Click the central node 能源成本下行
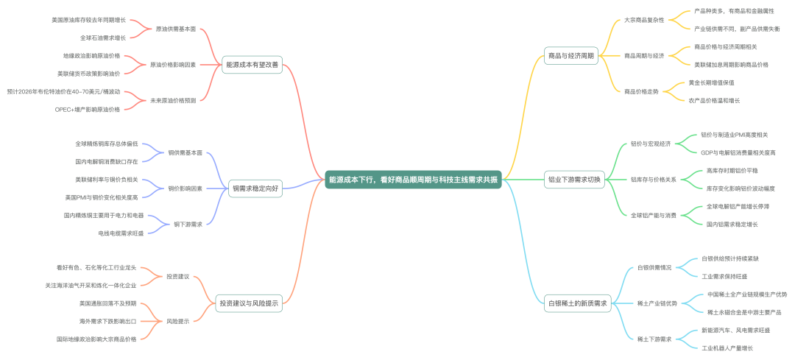[x=413, y=180]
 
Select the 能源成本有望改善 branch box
[x=252, y=65]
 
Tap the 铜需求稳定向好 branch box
[x=255, y=188]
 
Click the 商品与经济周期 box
[x=570, y=55]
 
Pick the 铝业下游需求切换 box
[x=574, y=180]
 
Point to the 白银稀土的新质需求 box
[x=577, y=303]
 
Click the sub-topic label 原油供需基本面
[x=176, y=29]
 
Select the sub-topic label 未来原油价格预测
[x=173, y=100]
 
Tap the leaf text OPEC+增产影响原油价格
[x=87, y=109]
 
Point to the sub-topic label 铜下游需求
[x=188, y=224]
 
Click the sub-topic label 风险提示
[x=177, y=321]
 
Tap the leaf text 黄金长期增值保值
[x=710, y=82]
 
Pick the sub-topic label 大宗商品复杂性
[x=644, y=20]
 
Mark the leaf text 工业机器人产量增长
[x=727, y=347]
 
